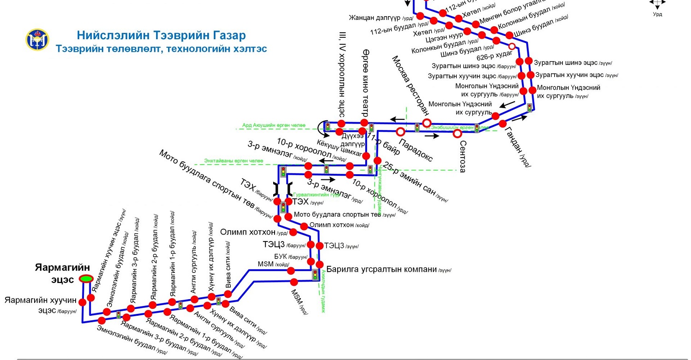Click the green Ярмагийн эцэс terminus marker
[86, 278]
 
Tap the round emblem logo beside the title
[37, 40]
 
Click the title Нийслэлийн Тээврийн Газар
[161, 35]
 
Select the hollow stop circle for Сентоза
[457, 134]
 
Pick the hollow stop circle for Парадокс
[401, 131]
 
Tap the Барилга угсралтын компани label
[381, 269]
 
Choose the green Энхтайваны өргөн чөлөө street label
[234, 161]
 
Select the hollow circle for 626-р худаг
[512, 46]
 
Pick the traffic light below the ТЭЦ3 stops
[315, 275]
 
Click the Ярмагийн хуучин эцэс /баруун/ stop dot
[82, 302]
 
